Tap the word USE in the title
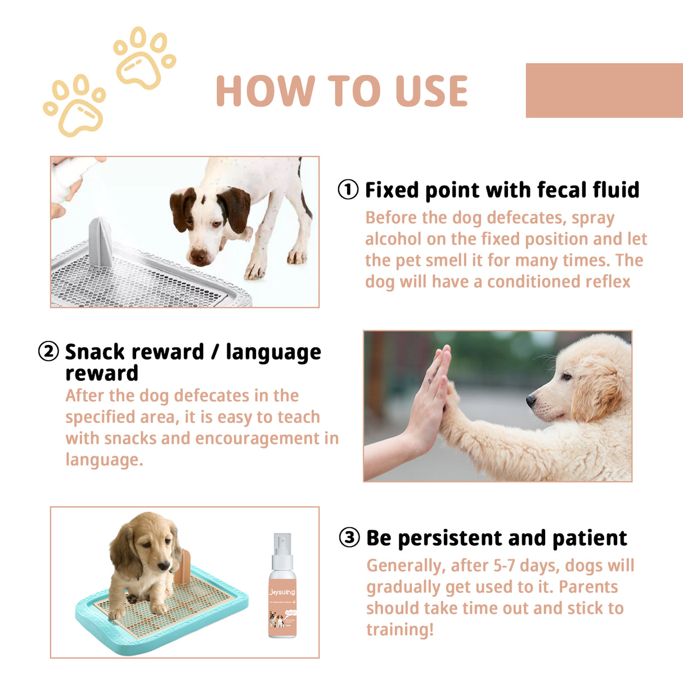[x=432, y=91]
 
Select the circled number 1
[x=348, y=190]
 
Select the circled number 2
[x=48, y=352]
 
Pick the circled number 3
[x=349, y=537]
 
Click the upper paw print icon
[x=144, y=58]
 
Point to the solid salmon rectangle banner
[x=604, y=90]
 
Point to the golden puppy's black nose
[x=531, y=400]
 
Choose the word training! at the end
[x=400, y=630]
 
